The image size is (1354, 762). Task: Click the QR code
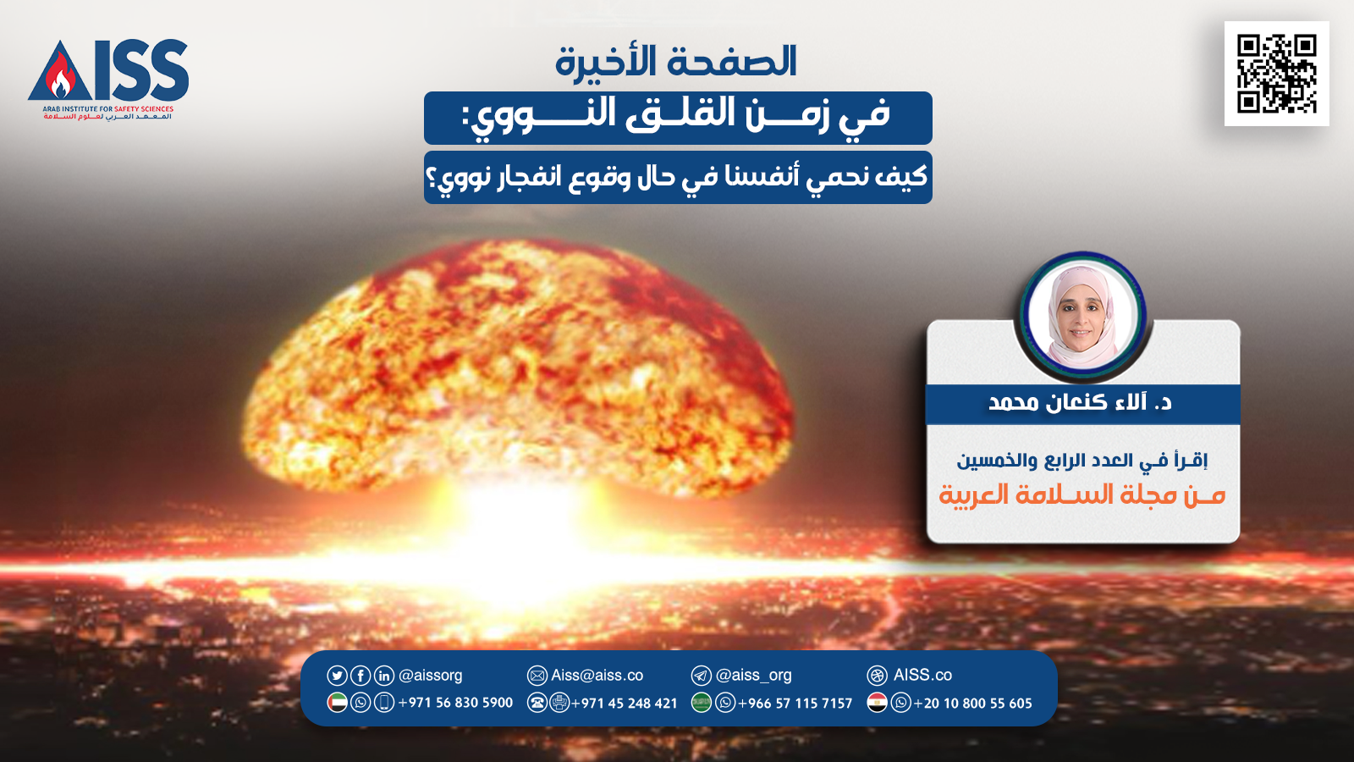(x=1277, y=74)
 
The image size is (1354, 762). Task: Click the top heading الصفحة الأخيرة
(x=676, y=62)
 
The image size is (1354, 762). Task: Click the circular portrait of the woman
(x=1082, y=317)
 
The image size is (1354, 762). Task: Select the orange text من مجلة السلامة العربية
(x=1082, y=495)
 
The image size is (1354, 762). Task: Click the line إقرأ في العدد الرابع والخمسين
(x=1082, y=461)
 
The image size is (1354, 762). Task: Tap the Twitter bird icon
(x=337, y=675)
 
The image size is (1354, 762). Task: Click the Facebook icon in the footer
(x=361, y=675)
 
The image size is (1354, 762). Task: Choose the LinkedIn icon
(x=384, y=675)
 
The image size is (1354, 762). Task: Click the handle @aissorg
(x=431, y=675)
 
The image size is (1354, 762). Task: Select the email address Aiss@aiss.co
(x=597, y=675)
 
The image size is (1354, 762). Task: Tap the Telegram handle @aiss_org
(x=753, y=675)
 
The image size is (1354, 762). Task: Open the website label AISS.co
(x=922, y=675)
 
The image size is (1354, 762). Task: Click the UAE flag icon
(x=337, y=703)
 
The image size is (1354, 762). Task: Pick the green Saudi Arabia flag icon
(x=702, y=703)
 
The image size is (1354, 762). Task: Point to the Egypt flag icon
(x=877, y=703)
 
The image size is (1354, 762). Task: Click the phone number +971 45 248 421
(x=624, y=704)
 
